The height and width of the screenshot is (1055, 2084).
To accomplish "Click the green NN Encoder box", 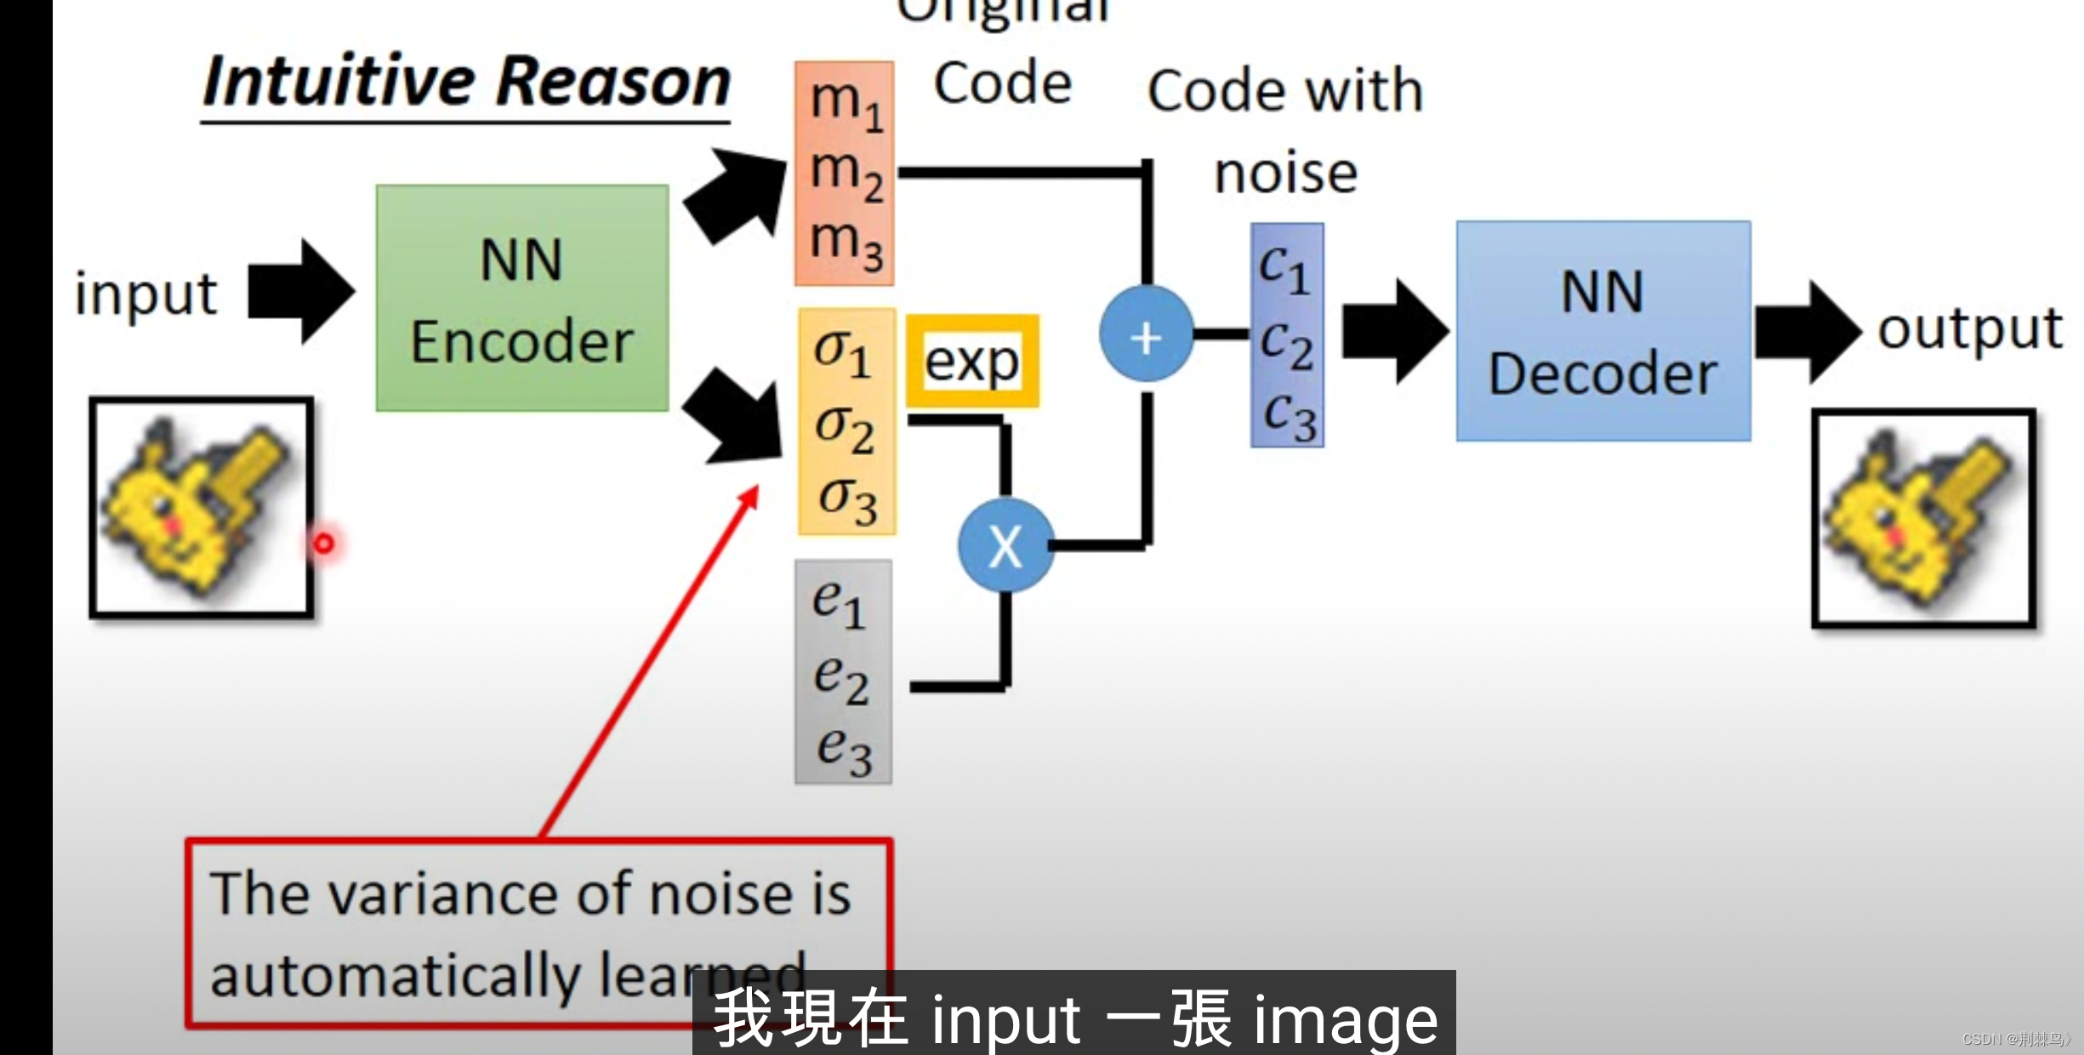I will point(522,298).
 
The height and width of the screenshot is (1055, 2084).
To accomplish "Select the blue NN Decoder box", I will point(1603,332).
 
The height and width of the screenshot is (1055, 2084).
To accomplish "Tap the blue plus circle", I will point(1146,338).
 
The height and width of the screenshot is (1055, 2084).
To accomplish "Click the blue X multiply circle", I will point(1005,546).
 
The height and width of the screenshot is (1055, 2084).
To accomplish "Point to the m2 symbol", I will point(846,173).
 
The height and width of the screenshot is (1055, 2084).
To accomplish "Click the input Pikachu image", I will point(202,508).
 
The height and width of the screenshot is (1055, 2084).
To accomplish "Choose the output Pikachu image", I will point(1923,519).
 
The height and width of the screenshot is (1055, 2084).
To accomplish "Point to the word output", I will point(1970,330).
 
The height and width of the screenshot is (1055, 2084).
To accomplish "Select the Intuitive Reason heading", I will point(466,83).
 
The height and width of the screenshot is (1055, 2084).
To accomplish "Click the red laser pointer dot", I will point(324,543).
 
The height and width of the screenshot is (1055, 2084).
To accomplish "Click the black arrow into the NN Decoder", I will point(1395,332).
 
